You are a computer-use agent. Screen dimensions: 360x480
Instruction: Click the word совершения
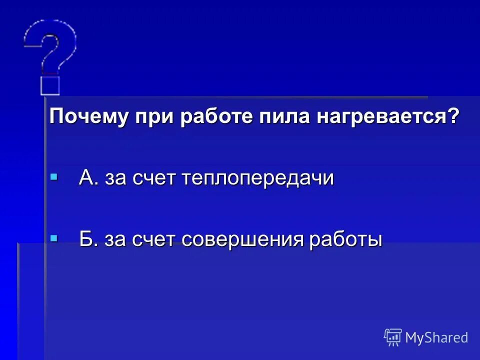[x=242, y=240]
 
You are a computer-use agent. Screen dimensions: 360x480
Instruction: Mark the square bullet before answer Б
[x=54, y=238]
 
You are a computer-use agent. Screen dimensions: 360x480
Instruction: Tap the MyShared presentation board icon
[x=393, y=337]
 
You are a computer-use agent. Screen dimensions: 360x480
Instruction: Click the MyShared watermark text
[x=436, y=338]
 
